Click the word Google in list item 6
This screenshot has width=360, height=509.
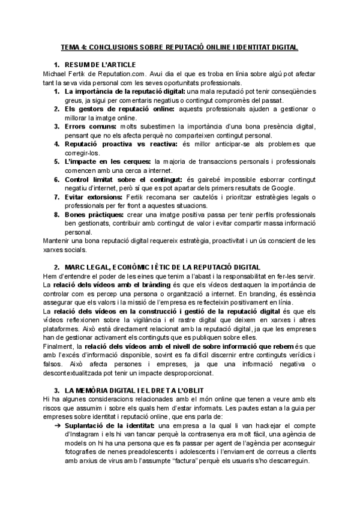click(280, 188)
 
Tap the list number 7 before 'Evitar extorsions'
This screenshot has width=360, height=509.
click(56, 197)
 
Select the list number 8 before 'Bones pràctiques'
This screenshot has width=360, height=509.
click(56, 215)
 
